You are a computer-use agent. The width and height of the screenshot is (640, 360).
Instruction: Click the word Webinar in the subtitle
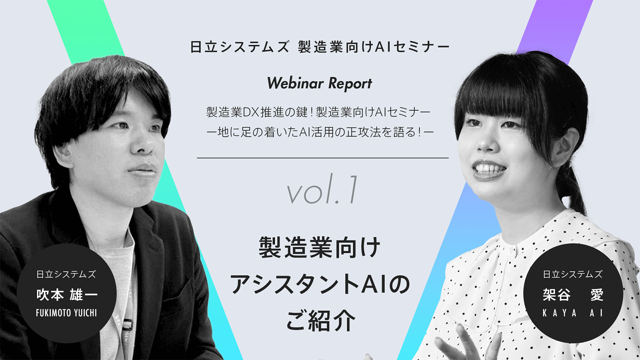(x=295, y=83)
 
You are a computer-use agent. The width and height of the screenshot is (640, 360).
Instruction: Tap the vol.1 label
(x=322, y=192)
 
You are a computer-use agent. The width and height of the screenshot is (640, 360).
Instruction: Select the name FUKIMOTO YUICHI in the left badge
(x=66, y=313)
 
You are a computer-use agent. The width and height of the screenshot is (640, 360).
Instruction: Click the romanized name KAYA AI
(x=573, y=313)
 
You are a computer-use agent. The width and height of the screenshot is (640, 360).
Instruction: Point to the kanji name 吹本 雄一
(x=66, y=295)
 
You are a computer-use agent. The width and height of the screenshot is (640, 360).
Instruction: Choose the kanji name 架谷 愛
(x=573, y=295)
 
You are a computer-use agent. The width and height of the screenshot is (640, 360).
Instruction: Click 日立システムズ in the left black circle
(x=66, y=274)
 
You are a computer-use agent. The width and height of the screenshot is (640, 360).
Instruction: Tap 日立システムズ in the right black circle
(x=573, y=274)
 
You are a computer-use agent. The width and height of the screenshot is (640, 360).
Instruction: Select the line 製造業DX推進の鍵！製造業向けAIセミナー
(x=318, y=112)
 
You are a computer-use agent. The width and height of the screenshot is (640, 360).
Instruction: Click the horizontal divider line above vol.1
(x=322, y=158)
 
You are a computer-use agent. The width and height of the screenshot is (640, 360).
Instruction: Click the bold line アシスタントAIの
(x=320, y=285)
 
